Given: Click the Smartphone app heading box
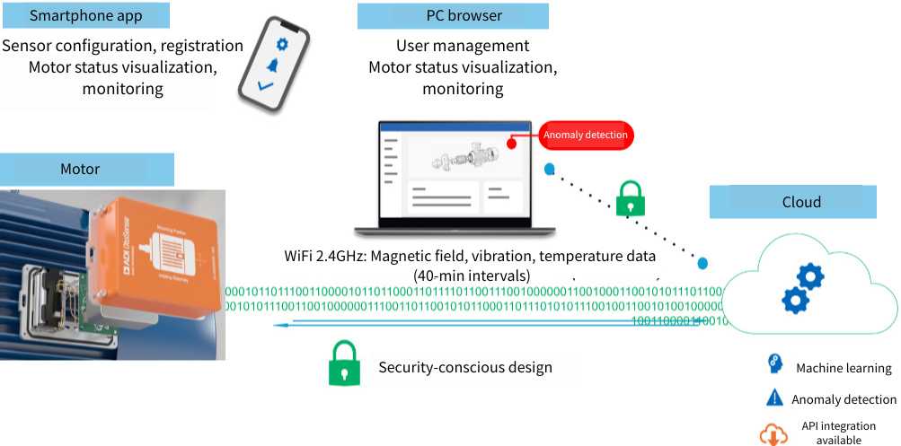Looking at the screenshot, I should tap(87, 16).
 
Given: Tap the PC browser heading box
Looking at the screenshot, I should tap(452, 16).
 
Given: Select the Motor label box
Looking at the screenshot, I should tap(86, 169).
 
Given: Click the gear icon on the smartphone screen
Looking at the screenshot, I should tap(282, 44).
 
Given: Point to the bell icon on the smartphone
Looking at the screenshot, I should tap(273, 65).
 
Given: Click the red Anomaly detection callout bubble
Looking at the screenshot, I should tap(586, 136).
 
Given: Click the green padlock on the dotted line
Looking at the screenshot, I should tap(630, 198).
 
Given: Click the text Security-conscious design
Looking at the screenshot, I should tap(464, 367).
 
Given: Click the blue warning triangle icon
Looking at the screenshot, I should tap(773, 398).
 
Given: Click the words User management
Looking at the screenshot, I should tap(463, 46).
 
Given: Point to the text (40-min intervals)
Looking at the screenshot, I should tap(472, 275).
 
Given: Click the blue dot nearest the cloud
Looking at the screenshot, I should tap(702, 263).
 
